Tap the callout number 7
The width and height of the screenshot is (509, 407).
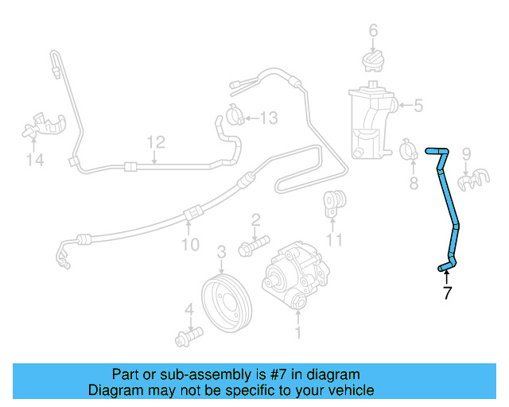pos(447,293)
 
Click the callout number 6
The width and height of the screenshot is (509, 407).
pos(372,32)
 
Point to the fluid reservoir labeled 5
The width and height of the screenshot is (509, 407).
pos(367,123)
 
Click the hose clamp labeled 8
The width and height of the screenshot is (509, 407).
pos(410,149)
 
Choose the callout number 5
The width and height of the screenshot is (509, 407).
pos(418,105)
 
